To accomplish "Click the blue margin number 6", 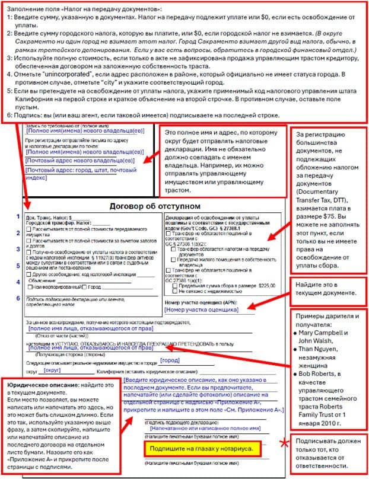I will click(18, 298).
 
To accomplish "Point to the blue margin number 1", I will click(18, 216).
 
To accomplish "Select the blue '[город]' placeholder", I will click(170, 360).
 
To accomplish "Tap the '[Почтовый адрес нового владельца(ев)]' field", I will click(80, 160).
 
